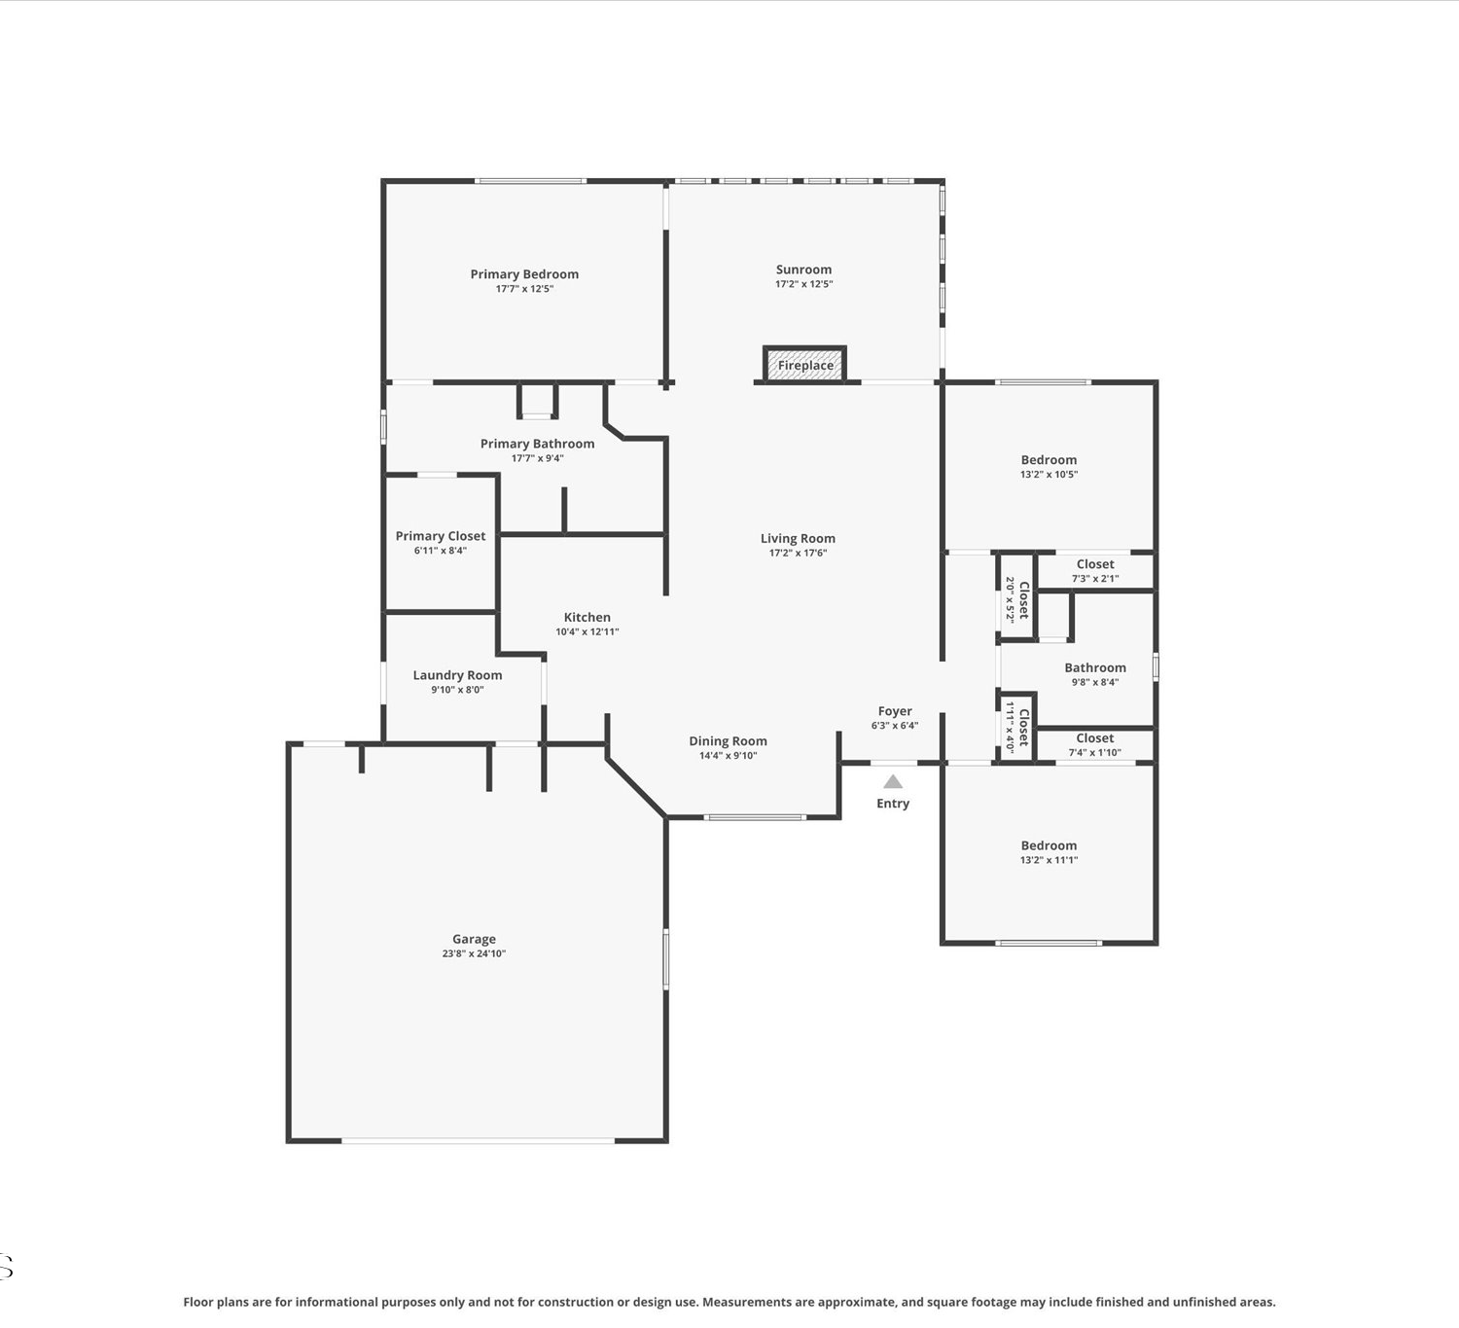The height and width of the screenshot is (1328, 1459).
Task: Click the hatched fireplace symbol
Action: coord(804,365)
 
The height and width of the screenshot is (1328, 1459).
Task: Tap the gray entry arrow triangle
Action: coord(892,781)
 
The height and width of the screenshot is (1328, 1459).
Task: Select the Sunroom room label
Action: coord(803,269)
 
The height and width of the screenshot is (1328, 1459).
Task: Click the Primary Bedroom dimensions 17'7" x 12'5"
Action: coord(524,289)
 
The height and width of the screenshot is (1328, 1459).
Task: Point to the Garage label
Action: coord(474,939)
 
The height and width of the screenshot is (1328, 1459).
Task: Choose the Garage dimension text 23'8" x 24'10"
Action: coord(474,953)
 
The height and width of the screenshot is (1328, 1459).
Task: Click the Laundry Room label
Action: coord(457,674)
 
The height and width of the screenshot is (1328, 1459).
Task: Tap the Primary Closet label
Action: coord(440,535)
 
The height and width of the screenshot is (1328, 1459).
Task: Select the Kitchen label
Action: coord(587,617)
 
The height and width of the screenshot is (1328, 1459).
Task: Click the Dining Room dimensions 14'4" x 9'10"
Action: coord(729,755)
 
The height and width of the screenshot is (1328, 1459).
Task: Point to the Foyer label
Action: coord(895,711)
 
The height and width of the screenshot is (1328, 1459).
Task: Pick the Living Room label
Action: coord(798,538)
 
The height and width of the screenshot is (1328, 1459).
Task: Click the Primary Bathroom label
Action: coord(537,444)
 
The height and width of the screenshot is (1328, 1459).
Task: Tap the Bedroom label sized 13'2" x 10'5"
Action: coord(1049,460)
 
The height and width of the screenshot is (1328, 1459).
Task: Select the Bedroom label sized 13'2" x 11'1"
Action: coord(1049,845)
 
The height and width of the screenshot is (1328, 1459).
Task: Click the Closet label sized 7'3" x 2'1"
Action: coord(1094,564)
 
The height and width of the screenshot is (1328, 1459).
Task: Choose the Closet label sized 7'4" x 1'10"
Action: coord(1094,737)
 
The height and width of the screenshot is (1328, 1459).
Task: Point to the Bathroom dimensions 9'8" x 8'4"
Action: coord(1094,682)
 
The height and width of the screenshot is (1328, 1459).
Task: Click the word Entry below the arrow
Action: coord(892,804)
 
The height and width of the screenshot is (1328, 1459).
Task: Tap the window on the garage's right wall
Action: coord(665,958)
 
